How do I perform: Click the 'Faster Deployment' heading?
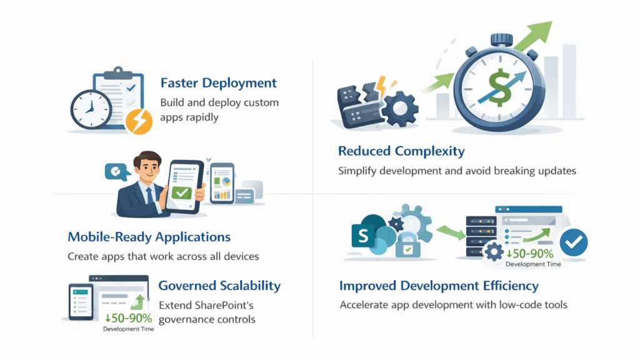[218, 83]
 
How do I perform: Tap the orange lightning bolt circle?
[139, 122]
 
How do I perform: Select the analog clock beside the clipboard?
[91, 109]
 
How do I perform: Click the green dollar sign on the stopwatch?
[499, 87]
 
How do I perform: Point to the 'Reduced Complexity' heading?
[401, 151]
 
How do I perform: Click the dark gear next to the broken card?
[399, 109]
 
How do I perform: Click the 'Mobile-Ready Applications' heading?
[149, 237]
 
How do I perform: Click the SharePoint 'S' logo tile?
[363, 236]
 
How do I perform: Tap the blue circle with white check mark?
[574, 242]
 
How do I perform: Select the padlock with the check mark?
[407, 246]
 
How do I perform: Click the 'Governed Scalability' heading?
[219, 286]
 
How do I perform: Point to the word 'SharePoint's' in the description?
[224, 305]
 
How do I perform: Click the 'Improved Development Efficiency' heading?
[439, 286]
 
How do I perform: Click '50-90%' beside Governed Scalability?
[129, 318]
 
